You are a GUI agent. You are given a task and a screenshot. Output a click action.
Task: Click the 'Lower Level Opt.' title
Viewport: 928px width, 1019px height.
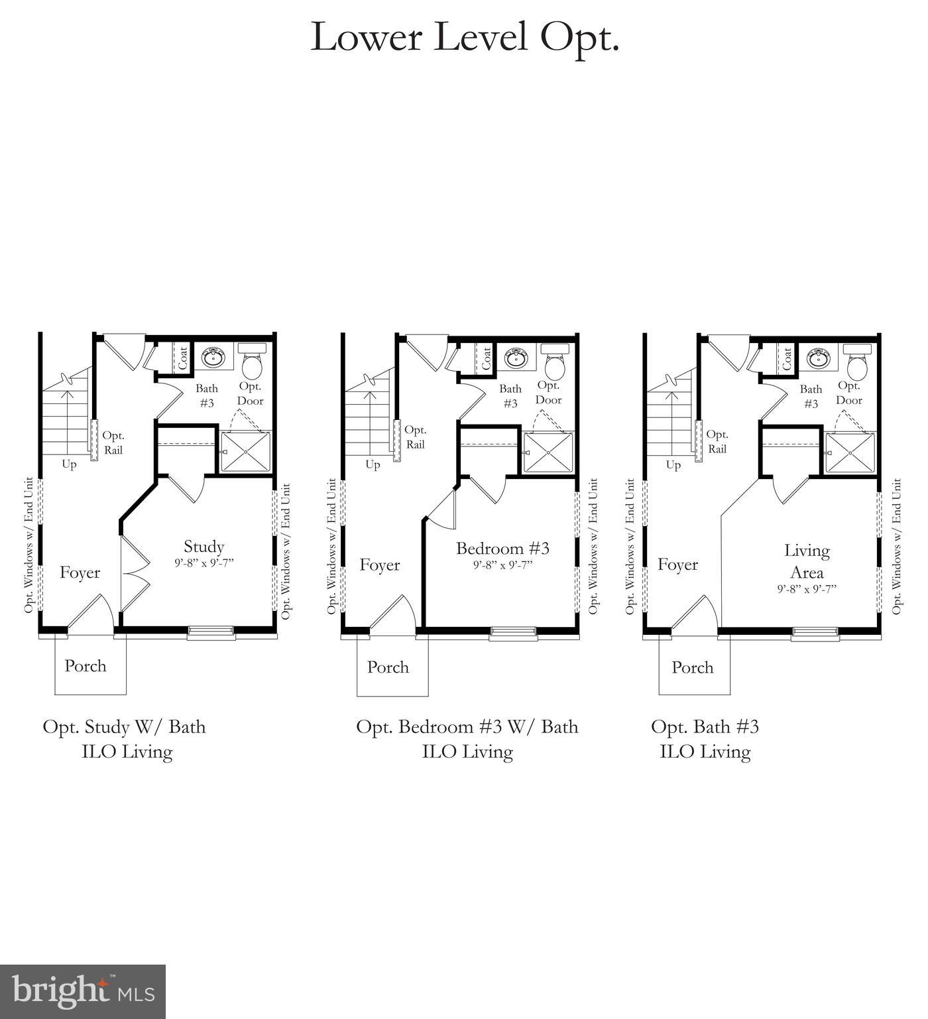[x=465, y=37]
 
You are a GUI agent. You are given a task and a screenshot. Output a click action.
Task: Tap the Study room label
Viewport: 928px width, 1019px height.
[x=203, y=547]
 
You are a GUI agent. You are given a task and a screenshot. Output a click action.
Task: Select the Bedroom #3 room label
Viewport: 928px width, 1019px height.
[x=502, y=549]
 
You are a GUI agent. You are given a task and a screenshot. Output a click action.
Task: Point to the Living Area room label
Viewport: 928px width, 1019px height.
[x=807, y=561]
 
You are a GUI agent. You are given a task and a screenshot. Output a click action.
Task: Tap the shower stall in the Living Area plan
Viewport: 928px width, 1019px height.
[x=850, y=452]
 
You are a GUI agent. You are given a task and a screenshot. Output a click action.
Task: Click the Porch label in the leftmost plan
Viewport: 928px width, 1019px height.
[x=86, y=666]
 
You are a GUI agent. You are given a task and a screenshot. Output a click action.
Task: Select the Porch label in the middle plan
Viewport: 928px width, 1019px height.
[x=388, y=667]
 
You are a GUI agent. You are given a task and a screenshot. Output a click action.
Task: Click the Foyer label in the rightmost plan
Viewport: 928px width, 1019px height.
[x=678, y=565]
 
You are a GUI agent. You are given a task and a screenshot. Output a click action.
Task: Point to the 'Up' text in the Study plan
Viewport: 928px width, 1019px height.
[x=69, y=464]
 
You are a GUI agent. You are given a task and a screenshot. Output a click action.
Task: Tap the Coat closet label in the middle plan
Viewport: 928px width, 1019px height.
[x=487, y=359]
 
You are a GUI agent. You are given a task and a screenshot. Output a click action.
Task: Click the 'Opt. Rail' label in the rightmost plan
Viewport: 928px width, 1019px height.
[x=717, y=442]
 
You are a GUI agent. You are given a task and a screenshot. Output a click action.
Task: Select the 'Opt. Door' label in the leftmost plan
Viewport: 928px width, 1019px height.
[x=250, y=393]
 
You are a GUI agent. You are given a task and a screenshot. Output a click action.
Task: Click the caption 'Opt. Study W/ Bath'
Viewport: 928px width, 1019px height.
[x=125, y=727]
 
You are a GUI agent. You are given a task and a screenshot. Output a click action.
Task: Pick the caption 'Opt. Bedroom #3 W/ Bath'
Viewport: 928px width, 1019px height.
[x=467, y=727]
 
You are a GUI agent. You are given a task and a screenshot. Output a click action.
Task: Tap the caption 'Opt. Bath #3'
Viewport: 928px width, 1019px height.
[x=705, y=727]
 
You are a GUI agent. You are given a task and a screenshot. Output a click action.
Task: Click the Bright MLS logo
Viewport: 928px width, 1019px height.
[x=83, y=992]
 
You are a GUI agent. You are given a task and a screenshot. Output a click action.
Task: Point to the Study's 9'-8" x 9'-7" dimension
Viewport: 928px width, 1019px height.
[x=204, y=563]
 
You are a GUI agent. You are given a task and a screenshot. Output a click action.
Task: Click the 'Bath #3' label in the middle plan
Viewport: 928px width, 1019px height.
[x=510, y=396]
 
